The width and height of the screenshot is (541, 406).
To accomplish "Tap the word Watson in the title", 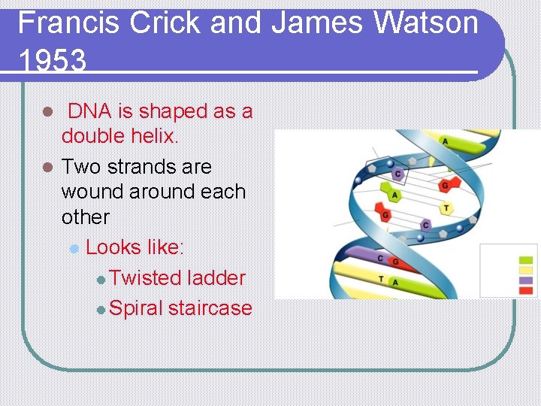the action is [x=426, y=23].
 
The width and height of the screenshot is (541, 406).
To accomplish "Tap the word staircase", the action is [x=210, y=308].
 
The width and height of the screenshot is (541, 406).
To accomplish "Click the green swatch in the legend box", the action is [x=525, y=261].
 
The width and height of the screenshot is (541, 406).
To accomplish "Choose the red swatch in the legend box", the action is [x=525, y=289].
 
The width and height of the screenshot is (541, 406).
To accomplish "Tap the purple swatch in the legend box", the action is [x=525, y=280].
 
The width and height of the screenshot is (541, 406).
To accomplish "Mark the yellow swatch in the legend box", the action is [x=525, y=271].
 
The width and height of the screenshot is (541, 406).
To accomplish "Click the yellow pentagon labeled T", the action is [x=446, y=208].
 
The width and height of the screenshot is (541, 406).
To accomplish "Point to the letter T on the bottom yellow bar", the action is [x=382, y=278].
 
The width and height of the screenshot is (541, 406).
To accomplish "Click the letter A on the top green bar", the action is [x=445, y=141].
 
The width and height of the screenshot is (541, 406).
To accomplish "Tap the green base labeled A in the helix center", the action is [x=394, y=195].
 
